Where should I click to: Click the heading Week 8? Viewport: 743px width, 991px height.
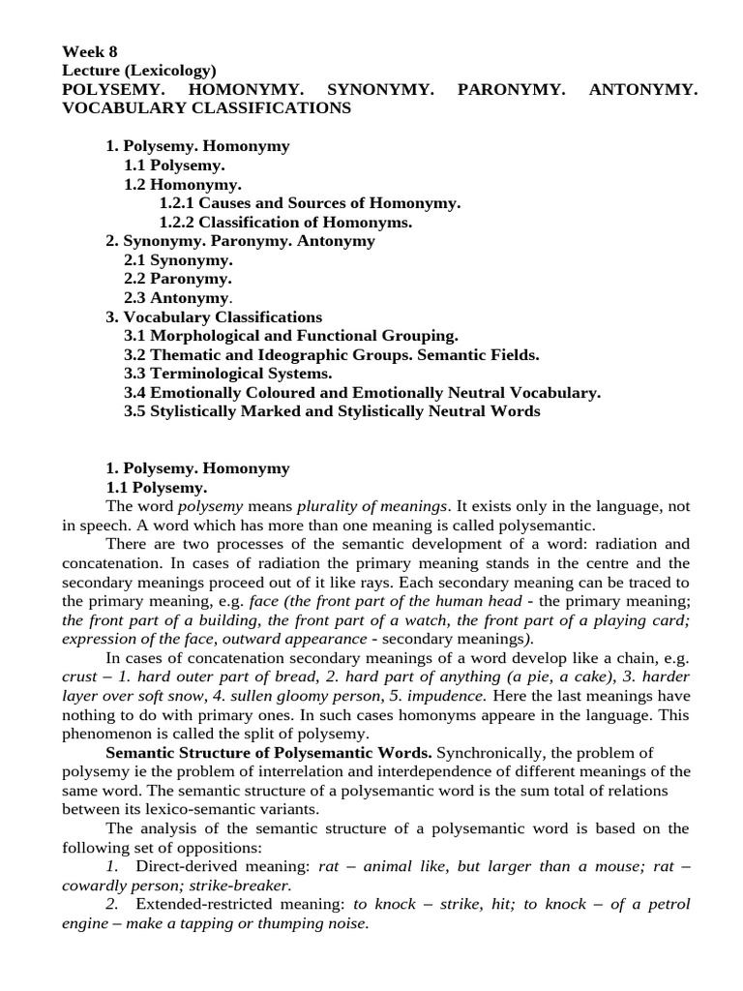90,52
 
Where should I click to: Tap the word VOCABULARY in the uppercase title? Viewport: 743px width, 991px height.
120,108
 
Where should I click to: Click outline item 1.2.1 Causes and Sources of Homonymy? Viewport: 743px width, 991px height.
310,203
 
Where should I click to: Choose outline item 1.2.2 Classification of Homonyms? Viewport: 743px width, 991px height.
285,222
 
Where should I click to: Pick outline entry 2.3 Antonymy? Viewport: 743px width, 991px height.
178,298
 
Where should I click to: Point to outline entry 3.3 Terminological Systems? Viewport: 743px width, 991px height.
227,374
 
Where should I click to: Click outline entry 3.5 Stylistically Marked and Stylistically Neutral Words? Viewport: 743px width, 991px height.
332,411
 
